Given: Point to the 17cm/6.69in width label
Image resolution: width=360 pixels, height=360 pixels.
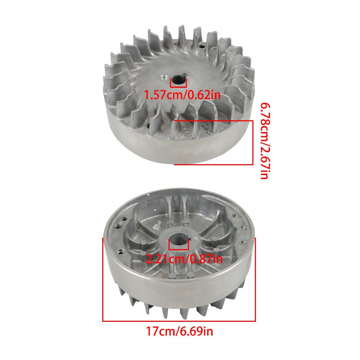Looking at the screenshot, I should coord(179,331).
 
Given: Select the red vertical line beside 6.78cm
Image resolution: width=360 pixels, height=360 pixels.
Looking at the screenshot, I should coord(253,142).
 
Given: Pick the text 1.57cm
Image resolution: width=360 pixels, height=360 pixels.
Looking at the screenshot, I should coord(160,95).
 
